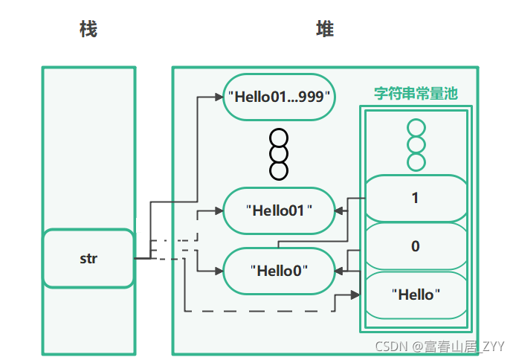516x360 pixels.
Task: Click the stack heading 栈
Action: tap(88, 29)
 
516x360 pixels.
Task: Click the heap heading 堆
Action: tap(325, 29)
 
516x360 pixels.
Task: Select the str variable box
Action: tap(88, 259)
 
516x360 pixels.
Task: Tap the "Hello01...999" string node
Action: tap(278, 96)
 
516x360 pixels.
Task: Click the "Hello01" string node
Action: tap(278, 210)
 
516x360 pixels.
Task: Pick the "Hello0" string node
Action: tap(278, 270)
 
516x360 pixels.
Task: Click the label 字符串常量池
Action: tap(415, 94)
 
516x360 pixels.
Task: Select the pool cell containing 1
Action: tap(415, 199)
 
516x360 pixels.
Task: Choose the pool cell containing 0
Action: tap(415, 246)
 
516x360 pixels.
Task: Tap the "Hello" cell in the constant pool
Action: tap(415, 294)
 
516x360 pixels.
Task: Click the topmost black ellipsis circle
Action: tap(279, 138)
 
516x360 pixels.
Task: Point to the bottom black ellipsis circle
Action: tap(279, 170)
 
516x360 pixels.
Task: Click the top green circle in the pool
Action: tap(416, 128)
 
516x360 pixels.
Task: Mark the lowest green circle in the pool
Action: tap(416, 161)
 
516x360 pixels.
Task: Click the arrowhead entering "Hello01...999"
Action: tap(219, 97)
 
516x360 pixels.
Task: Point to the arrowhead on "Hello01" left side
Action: tap(219, 210)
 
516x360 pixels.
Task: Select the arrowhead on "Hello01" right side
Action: tap(338, 210)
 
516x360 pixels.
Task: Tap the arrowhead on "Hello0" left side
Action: tap(219, 271)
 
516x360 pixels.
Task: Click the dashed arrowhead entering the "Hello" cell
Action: tap(355, 295)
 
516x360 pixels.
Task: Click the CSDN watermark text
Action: tap(439, 347)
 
